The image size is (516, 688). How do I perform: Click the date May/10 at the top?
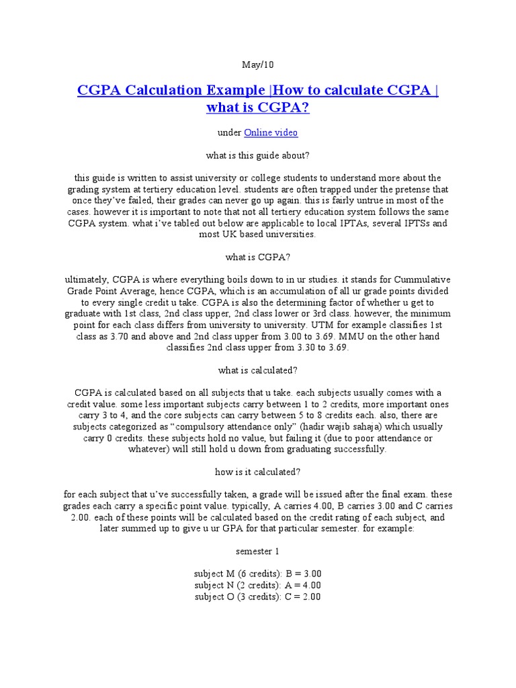pyautogui.click(x=258, y=65)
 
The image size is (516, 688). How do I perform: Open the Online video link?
pyautogui.click(x=271, y=132)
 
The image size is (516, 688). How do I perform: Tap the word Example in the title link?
pyautogui.click(x=234, y=90)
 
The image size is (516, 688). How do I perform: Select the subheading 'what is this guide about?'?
pyautogui.click(x=258, y=155)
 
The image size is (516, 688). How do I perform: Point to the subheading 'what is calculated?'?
pyautogui.click(x=258, y=370)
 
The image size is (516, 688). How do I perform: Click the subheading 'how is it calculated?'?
pyautogui.click(x=258, y=472)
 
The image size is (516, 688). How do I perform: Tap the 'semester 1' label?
pyautogui.click(x=258, y=551)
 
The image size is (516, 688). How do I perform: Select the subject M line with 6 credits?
pyautogui.click(x=258, y=574)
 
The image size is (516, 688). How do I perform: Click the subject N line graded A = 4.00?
pyautogui.click(x=258, y=585)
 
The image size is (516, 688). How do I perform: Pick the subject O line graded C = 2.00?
pyautogui.click(x=258, y=597)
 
